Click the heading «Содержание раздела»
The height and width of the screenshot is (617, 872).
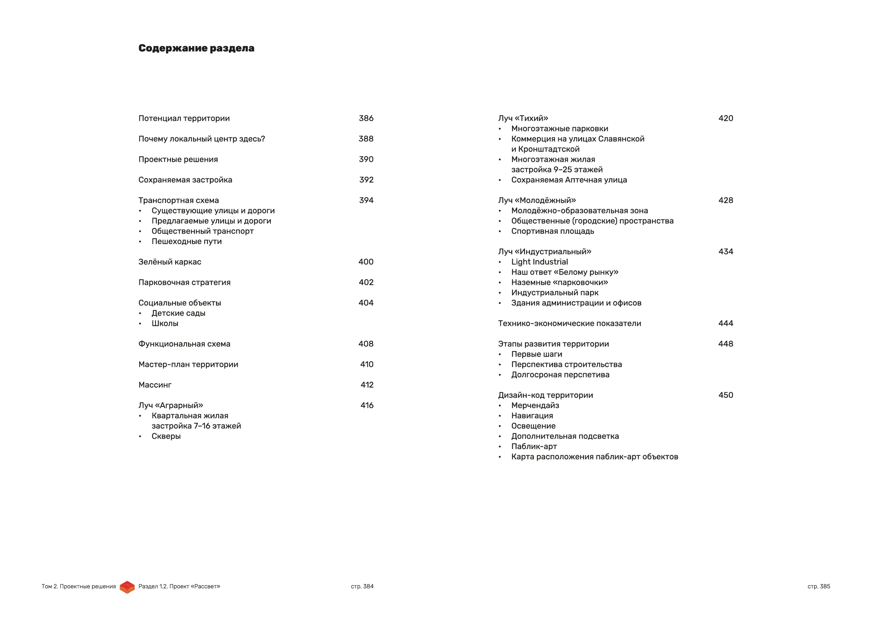196,48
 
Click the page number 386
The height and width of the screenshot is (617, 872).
366,118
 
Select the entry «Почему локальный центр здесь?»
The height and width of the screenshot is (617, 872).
201,139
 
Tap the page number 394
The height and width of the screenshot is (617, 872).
366,200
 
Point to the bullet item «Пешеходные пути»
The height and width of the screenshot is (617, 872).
186,241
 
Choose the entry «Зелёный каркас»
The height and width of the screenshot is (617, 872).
169,262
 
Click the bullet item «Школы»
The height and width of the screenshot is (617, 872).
165,323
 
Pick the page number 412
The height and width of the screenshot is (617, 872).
367,385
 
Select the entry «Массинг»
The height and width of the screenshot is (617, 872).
154,385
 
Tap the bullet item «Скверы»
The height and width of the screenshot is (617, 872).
166,436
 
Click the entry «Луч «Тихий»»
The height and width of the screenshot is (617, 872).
523,118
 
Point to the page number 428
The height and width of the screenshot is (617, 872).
726,200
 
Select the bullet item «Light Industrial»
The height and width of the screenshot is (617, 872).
539,262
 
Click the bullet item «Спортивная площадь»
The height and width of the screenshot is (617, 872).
552,231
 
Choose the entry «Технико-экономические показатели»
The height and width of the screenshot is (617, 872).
569,323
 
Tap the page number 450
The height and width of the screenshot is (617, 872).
726,395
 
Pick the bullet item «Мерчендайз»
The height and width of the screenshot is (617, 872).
535,405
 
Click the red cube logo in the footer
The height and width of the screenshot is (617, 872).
127,587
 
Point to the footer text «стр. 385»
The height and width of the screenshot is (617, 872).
819,586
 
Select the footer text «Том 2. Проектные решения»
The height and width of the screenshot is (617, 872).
79,586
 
